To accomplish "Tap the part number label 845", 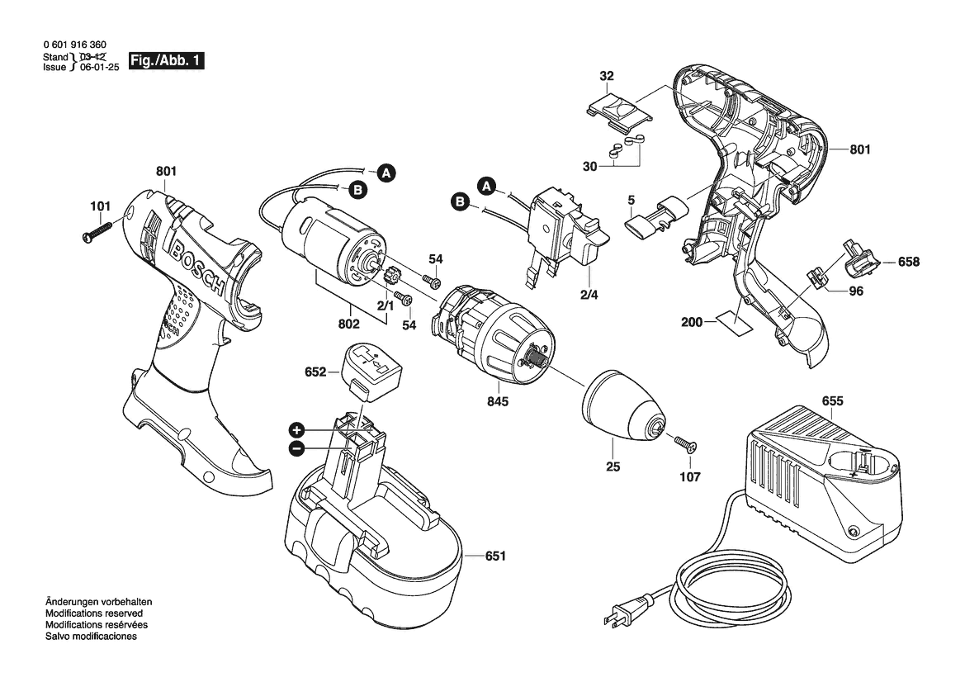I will point(498,402).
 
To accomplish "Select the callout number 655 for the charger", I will point(833,402).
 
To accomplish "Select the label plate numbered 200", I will point(735,322).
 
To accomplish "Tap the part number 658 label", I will point(908,262).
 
